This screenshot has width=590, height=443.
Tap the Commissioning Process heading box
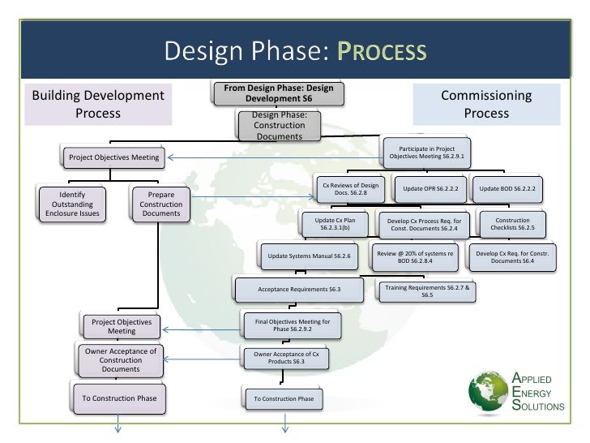[486, 105]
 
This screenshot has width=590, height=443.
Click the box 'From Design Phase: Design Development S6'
[278, 92]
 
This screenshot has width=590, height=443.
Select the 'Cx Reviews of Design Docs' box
[350, 189]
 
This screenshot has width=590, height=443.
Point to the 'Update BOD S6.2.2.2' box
[507, 189]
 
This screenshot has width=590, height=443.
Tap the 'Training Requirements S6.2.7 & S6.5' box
[426, 290]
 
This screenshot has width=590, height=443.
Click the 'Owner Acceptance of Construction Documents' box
[120, 359]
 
